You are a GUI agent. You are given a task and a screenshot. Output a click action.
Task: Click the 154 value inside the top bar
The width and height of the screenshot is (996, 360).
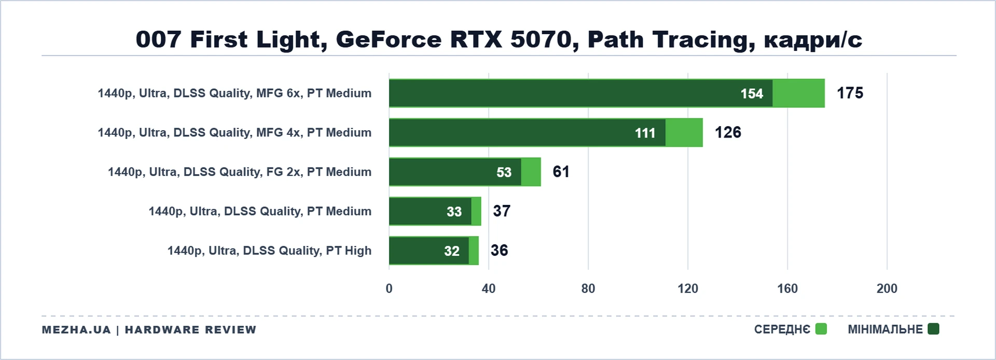(752, 94)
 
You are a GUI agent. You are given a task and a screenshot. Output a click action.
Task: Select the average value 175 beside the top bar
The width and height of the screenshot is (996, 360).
(850, 93)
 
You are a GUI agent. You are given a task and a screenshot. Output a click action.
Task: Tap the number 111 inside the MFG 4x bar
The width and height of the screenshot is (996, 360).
(645, 133)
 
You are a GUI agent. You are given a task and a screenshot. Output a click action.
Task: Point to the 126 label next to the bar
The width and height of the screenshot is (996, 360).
(728, 132)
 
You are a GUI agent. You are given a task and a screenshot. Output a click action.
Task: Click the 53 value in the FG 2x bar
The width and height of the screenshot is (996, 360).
(504, 173)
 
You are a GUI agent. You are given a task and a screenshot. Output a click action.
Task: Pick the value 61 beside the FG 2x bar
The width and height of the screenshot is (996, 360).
(561, 172)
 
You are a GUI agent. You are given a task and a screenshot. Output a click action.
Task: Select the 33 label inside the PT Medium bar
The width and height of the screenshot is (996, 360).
(454, 212)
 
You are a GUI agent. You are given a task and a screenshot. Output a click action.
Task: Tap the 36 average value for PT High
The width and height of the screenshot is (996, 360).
(499, 251)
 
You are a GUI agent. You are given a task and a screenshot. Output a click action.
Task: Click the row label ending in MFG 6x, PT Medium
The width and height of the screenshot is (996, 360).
(234, 93)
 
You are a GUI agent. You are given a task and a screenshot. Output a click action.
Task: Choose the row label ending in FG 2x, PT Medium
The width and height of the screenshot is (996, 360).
(240, 172)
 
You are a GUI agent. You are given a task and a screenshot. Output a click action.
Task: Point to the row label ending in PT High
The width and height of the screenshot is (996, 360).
(269, 251)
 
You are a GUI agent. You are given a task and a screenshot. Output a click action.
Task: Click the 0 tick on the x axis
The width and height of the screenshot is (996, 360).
(389, 289)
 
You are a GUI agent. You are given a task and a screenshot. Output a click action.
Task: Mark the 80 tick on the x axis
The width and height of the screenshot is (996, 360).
(588, 289)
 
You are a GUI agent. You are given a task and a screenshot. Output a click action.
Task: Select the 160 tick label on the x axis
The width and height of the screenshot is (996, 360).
(787, 289)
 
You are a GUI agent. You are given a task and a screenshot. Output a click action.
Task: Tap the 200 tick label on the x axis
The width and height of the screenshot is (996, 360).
(887, 289)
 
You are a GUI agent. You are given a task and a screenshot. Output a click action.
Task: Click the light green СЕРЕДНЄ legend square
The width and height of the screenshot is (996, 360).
(821, 329)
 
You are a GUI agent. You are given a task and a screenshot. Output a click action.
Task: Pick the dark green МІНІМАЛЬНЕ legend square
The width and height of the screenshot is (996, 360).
(933, 329)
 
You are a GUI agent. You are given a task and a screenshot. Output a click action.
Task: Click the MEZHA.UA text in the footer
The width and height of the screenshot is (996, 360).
(76, 330)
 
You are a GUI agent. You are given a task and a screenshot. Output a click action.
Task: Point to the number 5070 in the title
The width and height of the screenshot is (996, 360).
(541, 40)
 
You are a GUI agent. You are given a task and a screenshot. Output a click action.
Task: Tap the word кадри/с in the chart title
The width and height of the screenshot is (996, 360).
(813, 40)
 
